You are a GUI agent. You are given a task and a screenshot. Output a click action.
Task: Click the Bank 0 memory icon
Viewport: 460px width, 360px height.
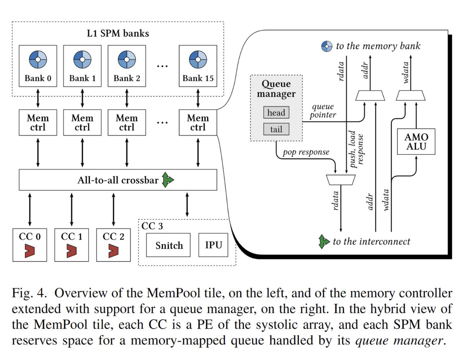[38, 60]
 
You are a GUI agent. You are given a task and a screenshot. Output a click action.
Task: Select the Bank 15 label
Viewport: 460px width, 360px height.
[198, 79]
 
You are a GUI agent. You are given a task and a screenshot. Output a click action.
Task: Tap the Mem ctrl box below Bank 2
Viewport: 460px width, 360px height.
[127, 122]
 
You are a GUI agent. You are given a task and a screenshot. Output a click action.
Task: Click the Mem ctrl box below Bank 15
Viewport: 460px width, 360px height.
[198, 122]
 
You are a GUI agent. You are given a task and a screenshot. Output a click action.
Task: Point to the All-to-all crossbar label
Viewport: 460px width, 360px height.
[117, 180]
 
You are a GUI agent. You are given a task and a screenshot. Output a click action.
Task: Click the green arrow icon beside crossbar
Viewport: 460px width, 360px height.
[167, 180]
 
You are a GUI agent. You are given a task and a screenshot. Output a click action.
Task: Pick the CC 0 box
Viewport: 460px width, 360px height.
[29, 244]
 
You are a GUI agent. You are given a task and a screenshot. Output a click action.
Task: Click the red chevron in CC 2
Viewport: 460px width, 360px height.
[113, 251]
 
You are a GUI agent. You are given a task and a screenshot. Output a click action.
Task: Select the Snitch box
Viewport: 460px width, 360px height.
[169, 245]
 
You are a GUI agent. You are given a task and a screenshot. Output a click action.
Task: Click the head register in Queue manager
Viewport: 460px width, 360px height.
[276, 113]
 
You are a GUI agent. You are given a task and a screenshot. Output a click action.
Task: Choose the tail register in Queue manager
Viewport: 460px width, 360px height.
[276, 130]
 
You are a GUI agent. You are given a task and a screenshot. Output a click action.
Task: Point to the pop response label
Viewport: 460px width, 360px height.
[306, 152]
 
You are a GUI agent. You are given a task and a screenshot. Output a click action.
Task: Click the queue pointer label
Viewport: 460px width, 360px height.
[323, 111]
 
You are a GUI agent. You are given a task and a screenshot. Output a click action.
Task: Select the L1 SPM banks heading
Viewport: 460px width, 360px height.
[118, 33]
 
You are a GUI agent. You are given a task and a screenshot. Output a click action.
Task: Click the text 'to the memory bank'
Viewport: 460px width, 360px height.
[378, 46]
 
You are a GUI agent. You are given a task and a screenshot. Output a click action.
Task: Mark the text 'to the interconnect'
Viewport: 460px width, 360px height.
[371, 242]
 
